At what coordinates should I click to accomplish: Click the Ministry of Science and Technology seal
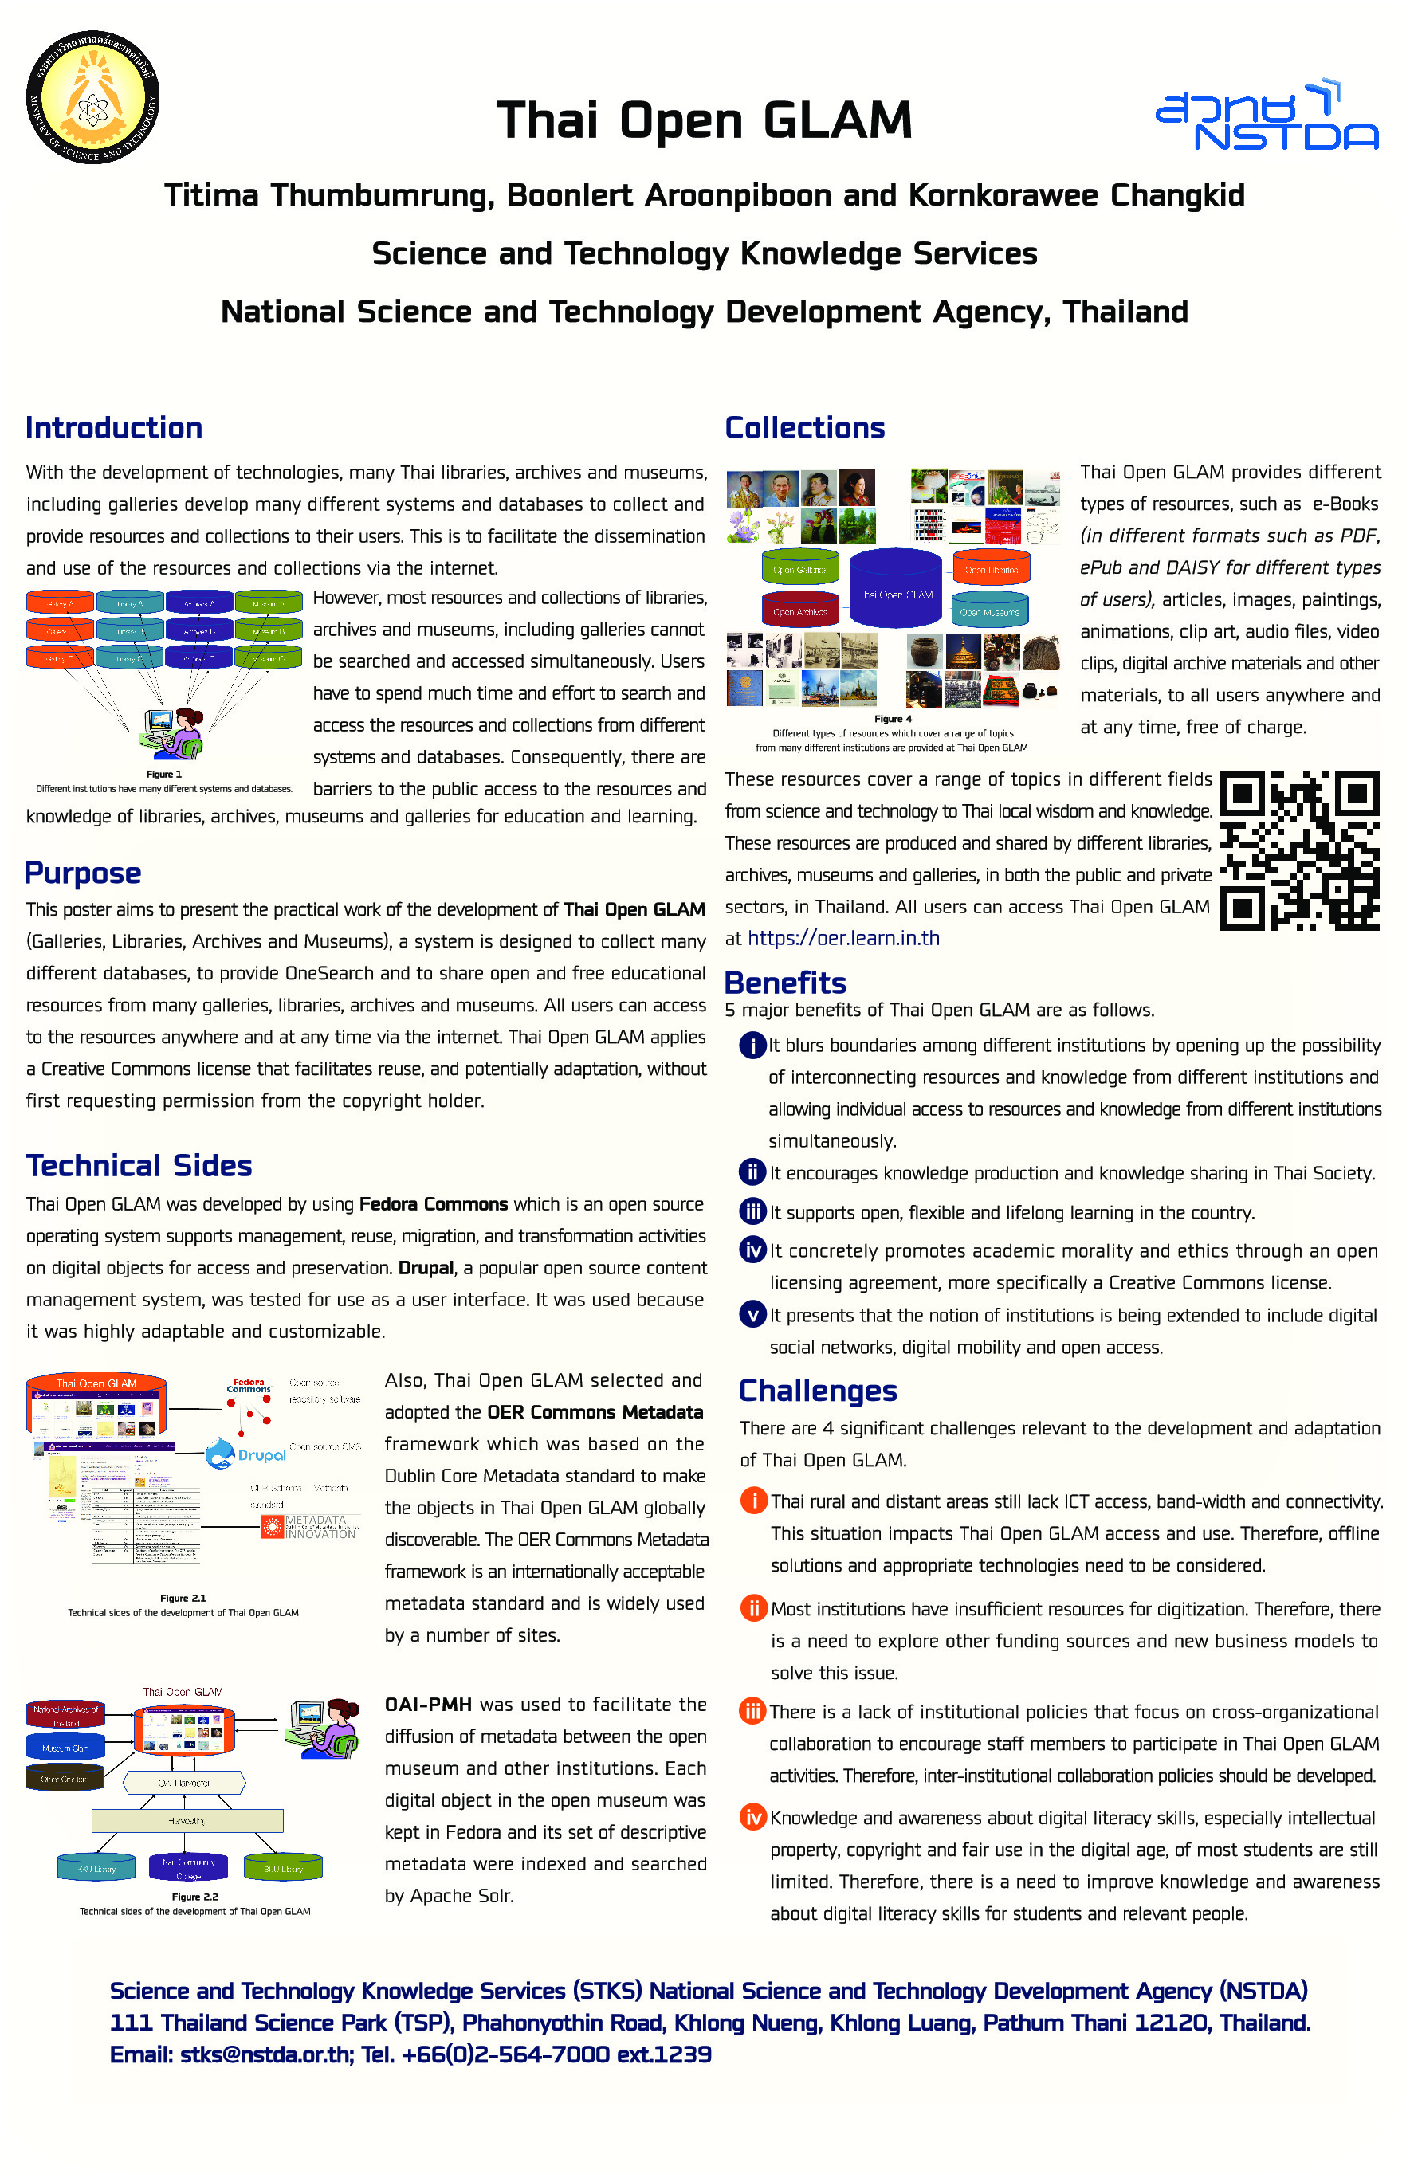click(x=92, y=98)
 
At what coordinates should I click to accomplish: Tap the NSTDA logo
click(x=1267, y=116)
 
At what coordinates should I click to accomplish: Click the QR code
click(x=1299, y=851)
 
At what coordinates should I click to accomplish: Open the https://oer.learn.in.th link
click(x=842, y=938)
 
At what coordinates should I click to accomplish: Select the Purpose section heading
click(x=82, y=873)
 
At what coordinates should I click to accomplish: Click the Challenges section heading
click(x=817, y=1391)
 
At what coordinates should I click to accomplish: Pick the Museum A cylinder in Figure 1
click(x=268, y=603)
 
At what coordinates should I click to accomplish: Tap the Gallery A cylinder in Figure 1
click(x=60, y=603)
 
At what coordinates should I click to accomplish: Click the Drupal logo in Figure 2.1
click(x=245, y=1454)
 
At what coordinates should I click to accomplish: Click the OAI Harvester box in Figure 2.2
click(x=184, y=1783)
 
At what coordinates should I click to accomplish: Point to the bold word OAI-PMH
click(x=427, y=1704)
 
